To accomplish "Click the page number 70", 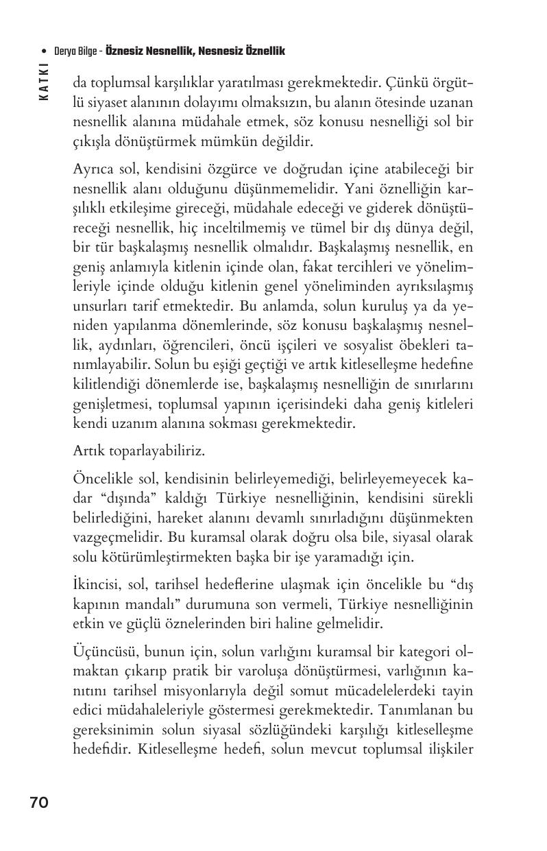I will tap(39, 802).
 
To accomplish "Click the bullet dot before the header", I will tap(45, 51).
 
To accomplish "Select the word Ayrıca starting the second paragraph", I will tap(92, 169).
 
